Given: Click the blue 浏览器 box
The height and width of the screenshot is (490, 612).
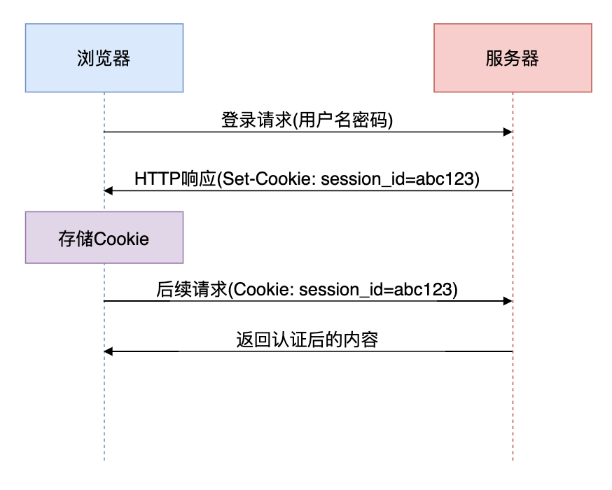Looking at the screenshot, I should point(104,58).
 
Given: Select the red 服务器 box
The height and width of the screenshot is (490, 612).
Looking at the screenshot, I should point(513,58).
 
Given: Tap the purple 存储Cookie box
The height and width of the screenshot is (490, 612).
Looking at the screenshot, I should point(104,238).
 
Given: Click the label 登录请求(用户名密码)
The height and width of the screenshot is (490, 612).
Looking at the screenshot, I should point(307,120).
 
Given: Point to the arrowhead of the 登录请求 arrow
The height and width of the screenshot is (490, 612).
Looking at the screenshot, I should point(508,132).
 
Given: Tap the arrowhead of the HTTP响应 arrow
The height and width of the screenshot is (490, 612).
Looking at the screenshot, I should point(108,190).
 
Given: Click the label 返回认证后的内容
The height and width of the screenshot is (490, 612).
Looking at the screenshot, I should point(307,339).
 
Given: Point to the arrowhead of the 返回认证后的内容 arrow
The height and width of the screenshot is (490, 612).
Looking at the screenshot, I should point(108,351).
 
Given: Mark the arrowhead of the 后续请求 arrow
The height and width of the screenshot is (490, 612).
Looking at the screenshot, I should point(508,301).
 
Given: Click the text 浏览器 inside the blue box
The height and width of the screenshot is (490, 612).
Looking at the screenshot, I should point(104,58).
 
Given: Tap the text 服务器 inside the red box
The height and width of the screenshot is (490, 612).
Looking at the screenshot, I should point(513,58).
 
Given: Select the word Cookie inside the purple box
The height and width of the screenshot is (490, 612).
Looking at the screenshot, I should point(122,239).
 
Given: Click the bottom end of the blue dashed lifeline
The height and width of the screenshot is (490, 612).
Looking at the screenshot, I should point(104,459).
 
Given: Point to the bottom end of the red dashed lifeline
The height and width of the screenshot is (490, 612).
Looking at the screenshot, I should point(513,459).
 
